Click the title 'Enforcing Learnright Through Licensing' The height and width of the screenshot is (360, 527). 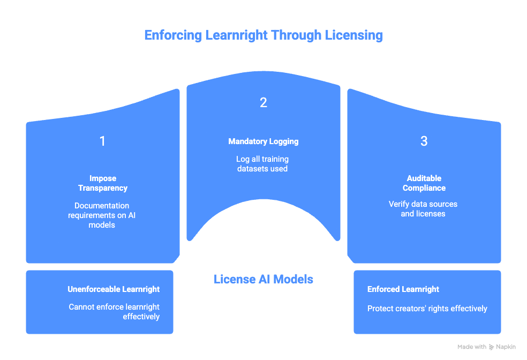pos(263,35)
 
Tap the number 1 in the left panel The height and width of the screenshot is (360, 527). pos(102,141)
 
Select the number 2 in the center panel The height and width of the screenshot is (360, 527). pos(263,103)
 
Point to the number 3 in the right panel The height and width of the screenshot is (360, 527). pos(424,141)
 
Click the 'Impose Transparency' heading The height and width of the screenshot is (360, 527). pos(102,183)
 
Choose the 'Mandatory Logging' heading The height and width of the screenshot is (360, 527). pos(263,141)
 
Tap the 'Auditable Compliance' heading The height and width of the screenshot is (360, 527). pos(424,183)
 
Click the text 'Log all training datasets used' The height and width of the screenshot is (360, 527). pos(263,164)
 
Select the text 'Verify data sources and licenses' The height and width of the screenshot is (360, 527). pos(424,209)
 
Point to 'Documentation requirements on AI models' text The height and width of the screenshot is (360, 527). pos(102,215)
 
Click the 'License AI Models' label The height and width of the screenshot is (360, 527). pos(263,279)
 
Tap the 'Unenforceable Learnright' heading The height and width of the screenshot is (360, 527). pos(114,289)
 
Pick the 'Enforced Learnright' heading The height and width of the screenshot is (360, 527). pos(403,289)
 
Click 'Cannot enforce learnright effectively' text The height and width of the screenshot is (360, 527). pos(115,312)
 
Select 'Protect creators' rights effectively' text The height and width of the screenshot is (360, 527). pos(427,309)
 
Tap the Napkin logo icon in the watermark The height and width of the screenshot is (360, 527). pos(492,347)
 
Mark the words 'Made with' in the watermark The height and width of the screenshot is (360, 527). pos(472,347)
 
